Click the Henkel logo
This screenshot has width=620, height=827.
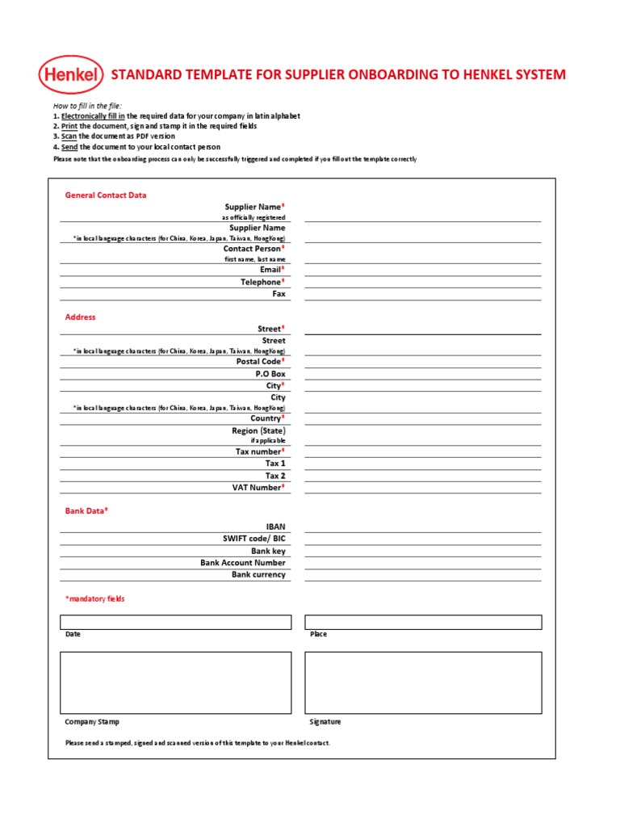point(71,76)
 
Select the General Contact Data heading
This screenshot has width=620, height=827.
point(106,195)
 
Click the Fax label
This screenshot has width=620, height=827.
point(279,294)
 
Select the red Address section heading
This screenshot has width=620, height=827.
point(80,317)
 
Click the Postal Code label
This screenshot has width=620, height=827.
point(259,362)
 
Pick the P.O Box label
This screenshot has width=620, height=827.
point(270,374)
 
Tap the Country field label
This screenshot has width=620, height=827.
point(266,418)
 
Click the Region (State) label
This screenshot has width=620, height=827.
point(258,431)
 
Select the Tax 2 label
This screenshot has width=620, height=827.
point(275,476)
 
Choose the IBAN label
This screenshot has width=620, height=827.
point(275,527)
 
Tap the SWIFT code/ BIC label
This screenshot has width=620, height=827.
point(253,539)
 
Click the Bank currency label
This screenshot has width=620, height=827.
point(258,575)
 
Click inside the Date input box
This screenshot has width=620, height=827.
point(175,622)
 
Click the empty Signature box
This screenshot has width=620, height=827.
point(423,682)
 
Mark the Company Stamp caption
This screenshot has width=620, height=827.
point(92,722)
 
